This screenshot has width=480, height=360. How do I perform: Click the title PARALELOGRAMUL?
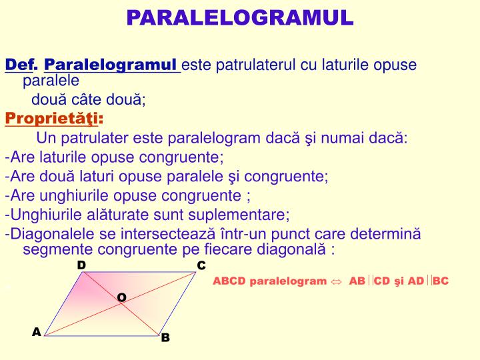pos(240,17)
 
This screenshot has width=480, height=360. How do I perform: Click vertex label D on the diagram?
pos(81,265)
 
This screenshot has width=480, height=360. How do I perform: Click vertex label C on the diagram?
pos(201,266)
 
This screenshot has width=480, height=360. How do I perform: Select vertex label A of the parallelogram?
pos(37,331)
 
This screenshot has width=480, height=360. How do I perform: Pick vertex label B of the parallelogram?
pos(166,337)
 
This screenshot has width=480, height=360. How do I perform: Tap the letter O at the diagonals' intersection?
pos(122,297)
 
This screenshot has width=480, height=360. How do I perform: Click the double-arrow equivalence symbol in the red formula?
pos(337,281)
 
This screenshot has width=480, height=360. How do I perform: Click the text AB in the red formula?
pos(357,281)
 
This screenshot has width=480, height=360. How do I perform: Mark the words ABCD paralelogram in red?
pos(270,281)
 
